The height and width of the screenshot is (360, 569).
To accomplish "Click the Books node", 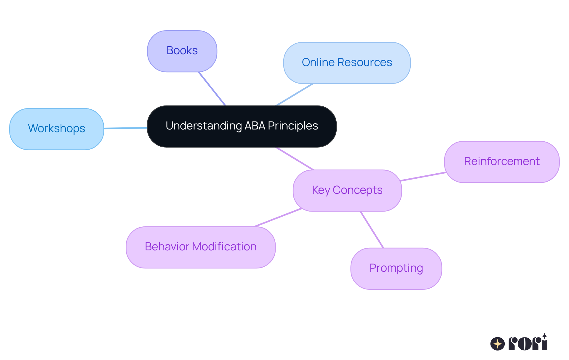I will [x=182, y=51].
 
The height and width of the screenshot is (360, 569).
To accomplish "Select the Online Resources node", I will [x=347, y=63].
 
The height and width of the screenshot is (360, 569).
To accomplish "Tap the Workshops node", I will [x=56, y=129].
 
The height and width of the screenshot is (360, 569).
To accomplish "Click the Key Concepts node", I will [x=347, y=191].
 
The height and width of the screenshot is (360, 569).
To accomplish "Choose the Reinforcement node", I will [x=501, y=162].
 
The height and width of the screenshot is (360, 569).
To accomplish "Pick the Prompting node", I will [x=396, y=268].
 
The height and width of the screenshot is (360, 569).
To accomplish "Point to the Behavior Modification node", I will [x=200, y=247].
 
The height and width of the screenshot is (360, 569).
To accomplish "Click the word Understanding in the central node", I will [x=204, y=126].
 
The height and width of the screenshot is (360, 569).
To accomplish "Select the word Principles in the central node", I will [x=293, y=126].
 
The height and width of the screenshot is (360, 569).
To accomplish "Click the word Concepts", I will [x=357, y=190].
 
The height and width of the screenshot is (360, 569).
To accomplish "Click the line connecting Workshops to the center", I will [x=125, y=128].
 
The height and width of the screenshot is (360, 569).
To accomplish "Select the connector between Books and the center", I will [x=212, y=89].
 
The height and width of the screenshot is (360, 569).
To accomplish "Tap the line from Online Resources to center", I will [x=294, y=95].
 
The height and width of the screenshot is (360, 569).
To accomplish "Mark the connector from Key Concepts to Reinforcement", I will [x=423, y=176].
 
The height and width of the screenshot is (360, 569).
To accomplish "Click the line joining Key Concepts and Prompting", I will [x=372, y=230].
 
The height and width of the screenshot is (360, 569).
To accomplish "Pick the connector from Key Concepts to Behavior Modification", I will [x=278, y=217].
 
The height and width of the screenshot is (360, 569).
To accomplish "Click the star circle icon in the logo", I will [x=497, y=344].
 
